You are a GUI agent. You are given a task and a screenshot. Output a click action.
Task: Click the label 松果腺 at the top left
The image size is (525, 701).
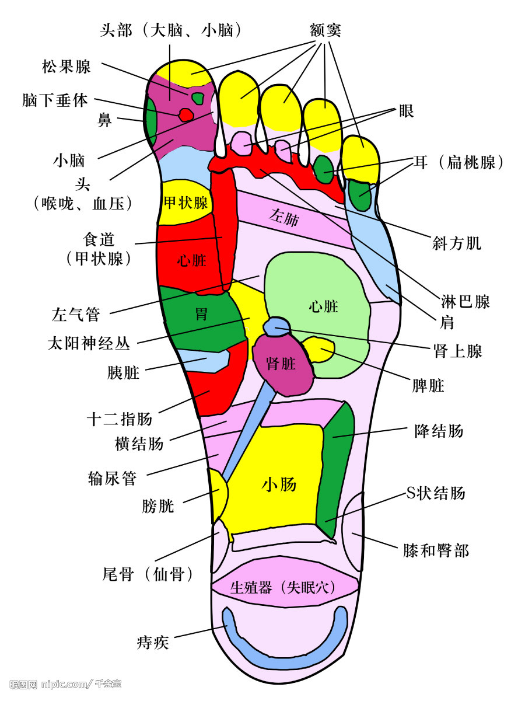pos(66,67)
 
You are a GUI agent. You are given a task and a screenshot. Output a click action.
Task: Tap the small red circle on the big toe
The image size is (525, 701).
pos(185,114)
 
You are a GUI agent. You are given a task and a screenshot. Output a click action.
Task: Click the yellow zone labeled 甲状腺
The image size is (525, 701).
pos(185,203)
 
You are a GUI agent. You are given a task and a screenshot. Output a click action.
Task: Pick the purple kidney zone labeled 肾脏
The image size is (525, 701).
pos(281,364)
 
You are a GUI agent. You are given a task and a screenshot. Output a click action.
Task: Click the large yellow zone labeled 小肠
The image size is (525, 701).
pos(279,484)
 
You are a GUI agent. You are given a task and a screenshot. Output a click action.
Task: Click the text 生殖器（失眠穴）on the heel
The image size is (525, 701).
pos(283,587)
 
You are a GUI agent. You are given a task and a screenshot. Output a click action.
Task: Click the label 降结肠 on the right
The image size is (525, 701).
pos(439,431)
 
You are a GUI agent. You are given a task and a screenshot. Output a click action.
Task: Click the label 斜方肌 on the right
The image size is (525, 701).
pos(457,243)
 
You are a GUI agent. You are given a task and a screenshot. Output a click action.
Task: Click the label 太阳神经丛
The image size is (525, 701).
pos(89,343)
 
